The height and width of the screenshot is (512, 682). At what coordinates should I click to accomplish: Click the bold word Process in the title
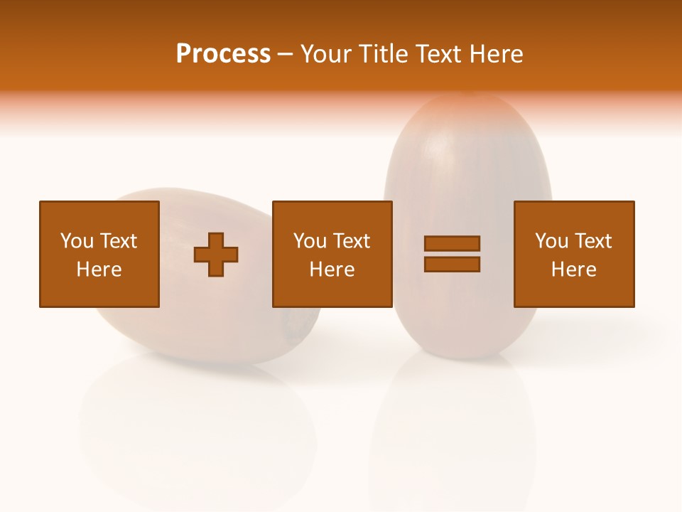coord(223,54)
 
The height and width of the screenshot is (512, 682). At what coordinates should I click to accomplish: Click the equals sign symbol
coord(452,254)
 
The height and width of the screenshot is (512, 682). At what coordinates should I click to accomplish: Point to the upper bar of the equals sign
coord(452,243)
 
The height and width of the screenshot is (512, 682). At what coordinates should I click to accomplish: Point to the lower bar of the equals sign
coord(452,264)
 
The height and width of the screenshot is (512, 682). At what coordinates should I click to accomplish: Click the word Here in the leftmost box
coord(99,270)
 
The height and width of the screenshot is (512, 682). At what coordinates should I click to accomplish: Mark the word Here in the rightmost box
coord(573,270)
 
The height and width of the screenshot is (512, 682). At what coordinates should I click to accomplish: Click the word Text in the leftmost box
coord(118,241)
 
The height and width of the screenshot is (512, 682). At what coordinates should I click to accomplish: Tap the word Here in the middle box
coord(332,270)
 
